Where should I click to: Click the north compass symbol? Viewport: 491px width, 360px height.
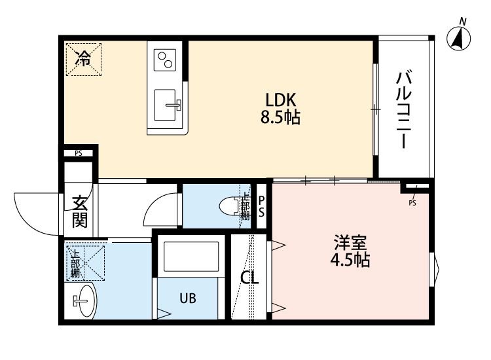pos(461,37)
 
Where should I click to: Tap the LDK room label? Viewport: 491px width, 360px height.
pos(282,100)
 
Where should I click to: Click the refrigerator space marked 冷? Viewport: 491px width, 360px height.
pos(83,58)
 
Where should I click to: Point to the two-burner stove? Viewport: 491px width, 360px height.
pos(165,60)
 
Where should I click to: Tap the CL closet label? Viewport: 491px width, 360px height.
pos(249,278)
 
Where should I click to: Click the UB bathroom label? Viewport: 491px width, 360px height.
pos(189,298)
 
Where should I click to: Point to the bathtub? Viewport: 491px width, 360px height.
pos(191,257)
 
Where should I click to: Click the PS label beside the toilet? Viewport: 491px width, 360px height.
pos(261,206)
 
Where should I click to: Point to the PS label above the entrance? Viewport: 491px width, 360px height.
pos(79,154)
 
